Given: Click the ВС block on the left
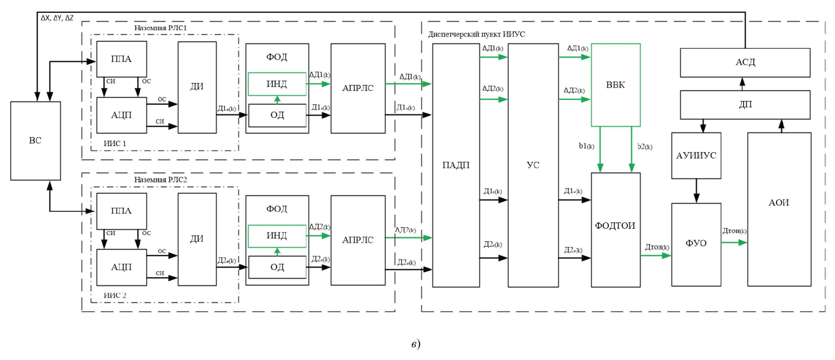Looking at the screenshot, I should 35,141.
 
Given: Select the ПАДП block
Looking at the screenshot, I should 456,165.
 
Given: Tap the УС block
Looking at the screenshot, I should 533,165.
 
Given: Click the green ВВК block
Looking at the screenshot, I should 615,85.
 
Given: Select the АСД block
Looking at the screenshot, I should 745,63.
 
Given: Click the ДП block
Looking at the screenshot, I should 745,105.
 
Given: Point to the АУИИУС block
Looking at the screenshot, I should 696,155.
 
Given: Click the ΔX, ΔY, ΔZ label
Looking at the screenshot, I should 57,18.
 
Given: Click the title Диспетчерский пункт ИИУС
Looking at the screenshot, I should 476,34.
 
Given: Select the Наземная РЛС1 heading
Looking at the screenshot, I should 160,28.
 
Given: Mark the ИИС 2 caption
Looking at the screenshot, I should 115,295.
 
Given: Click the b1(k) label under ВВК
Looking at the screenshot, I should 586,146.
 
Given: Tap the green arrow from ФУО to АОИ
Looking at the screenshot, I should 734,242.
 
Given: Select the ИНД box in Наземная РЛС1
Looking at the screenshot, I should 277,84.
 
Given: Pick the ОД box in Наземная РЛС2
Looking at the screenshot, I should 277,267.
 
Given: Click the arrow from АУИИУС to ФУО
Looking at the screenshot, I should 696,191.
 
